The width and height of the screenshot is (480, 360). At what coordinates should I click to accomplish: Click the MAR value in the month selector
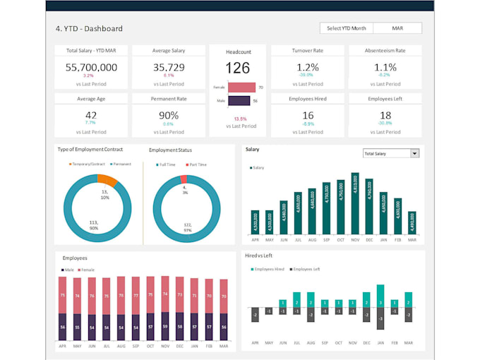(x=397, y=28)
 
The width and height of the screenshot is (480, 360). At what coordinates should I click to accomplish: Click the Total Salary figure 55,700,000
(x=91, y=67)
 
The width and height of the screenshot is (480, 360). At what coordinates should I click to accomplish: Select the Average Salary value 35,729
(x=169, y=67)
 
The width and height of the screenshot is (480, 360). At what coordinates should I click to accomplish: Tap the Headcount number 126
(x=237, y=68)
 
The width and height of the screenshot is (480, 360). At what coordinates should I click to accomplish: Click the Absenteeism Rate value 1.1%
(x=385, y=67)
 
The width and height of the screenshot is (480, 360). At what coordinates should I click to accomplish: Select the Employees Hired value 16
(x=307, y=115)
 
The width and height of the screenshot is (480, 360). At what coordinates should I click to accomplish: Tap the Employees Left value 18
(x=385, y=115)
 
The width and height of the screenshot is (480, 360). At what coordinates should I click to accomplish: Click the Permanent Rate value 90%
(x=169, y=115)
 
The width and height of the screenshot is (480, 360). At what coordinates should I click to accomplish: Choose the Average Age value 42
(x=91, y=115)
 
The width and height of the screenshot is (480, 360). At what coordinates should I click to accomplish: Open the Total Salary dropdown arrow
(x=414, y=153)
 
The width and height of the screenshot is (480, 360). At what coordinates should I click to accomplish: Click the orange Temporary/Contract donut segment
(x=107, y=181)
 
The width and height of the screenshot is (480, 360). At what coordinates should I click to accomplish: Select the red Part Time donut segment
(x=184, y=179)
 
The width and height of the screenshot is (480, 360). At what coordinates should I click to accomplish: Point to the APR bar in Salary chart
(x=254, y=222)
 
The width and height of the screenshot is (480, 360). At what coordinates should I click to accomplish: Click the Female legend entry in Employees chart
(x=87, y=270)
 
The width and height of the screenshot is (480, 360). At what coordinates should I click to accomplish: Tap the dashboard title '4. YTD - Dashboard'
(x=89, y=29)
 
